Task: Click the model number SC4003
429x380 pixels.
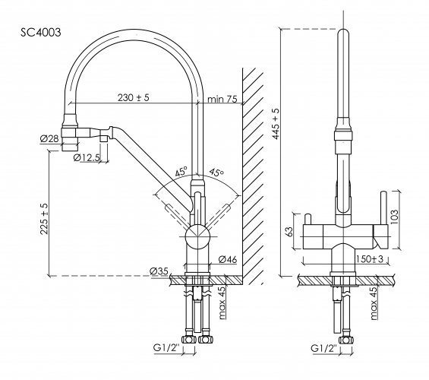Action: point(41,33)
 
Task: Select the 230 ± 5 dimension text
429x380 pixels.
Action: point(134,97)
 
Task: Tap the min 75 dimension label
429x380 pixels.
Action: point(222,99)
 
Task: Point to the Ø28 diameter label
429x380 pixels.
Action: point(49,138)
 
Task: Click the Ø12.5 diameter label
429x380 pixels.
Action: point(87,157)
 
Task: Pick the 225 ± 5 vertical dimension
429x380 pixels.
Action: point(44,219)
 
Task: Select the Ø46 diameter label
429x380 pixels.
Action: point(228,259)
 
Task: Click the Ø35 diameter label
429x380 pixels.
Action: point(159,271)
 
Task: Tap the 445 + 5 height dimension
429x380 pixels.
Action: point(276,124)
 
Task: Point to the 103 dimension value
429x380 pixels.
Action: point(394,217)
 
